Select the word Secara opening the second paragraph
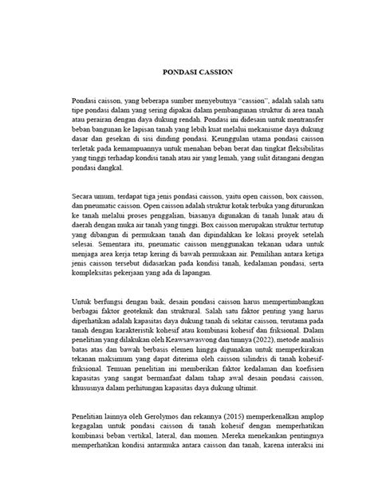click(85, 193)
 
